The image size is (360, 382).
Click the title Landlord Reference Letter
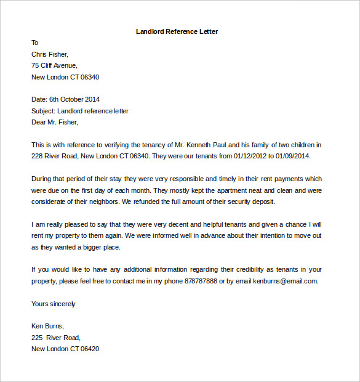(177, 31)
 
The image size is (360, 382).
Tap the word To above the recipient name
(35, 43)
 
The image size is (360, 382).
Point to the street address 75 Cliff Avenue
(54, 65)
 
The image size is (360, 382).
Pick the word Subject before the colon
(42, 111)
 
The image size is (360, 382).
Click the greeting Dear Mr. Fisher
(54, 122)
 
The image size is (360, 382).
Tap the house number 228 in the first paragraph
(37, 156)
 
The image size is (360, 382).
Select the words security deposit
(253, 201)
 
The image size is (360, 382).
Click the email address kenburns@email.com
(286, 281)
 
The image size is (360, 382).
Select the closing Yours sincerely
(54, 304)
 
